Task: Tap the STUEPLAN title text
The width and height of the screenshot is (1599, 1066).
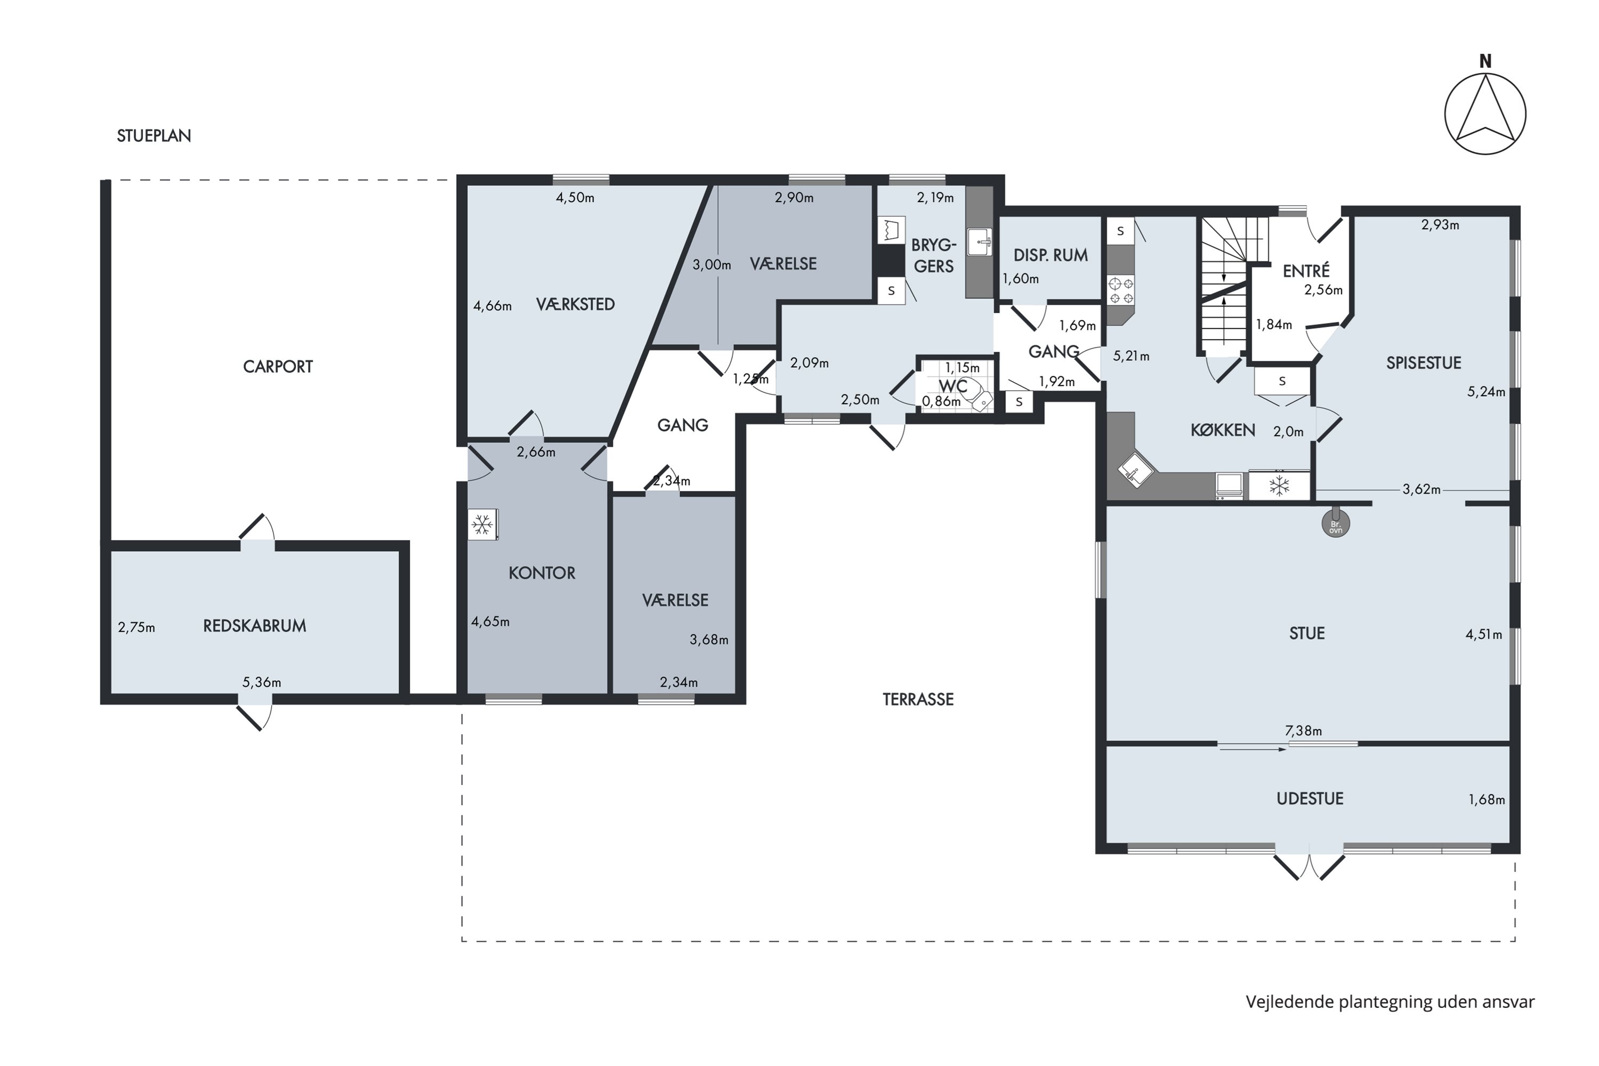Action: tap(154, 136)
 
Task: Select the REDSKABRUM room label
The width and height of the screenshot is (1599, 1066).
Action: tap(255, 626)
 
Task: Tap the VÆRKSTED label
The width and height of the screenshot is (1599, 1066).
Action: tap(575, 304)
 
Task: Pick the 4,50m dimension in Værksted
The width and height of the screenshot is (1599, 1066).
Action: tap(575, 198)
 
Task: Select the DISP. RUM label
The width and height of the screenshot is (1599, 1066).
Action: tap(1051, 256)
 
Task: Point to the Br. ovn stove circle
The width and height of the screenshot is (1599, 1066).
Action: tap(1335, 523)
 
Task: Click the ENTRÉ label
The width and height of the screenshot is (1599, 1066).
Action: tap(1306, 271)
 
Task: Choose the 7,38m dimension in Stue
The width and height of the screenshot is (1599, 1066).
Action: tap(1303, 731)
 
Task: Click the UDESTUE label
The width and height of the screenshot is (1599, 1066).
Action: tap(1310, 799)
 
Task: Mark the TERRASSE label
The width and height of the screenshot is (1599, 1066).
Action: tap(918, 699)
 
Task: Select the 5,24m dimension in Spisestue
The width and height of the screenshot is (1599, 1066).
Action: tap(1486, 392)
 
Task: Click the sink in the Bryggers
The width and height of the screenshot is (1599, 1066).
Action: tap(980, 241)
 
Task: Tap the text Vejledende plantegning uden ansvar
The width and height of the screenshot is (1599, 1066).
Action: tap(1390, 1002)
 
